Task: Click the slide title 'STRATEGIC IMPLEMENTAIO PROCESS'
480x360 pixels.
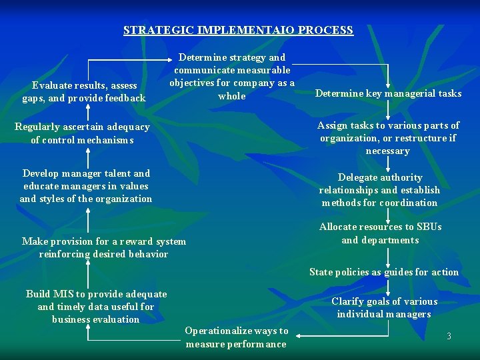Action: coord(238,30)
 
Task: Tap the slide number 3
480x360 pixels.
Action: coord(449,336)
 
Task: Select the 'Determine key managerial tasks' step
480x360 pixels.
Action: coord(388,93)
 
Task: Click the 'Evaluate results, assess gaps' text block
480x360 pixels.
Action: coord(84,91)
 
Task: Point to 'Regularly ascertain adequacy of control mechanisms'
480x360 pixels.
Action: coord(83,133)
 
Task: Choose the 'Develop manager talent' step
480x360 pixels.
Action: coord(86,185)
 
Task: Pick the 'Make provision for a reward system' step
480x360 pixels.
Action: coord(104,247)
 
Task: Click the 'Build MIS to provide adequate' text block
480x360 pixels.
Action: coord(96,306)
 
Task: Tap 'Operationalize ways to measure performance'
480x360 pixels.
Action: coord(236,337)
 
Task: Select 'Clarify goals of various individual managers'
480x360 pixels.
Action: coord(384,307)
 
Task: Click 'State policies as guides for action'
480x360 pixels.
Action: coord(384,272)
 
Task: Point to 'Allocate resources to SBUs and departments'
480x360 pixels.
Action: coord(380,233)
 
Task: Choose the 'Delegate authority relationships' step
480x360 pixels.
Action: coord(379,190)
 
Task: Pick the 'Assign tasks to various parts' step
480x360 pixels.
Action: coord(388,138)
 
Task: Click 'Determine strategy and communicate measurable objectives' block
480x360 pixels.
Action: coord(232,77)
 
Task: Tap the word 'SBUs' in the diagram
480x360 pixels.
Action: coord(427,227)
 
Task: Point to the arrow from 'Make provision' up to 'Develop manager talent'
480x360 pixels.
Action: coord(89,219)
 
